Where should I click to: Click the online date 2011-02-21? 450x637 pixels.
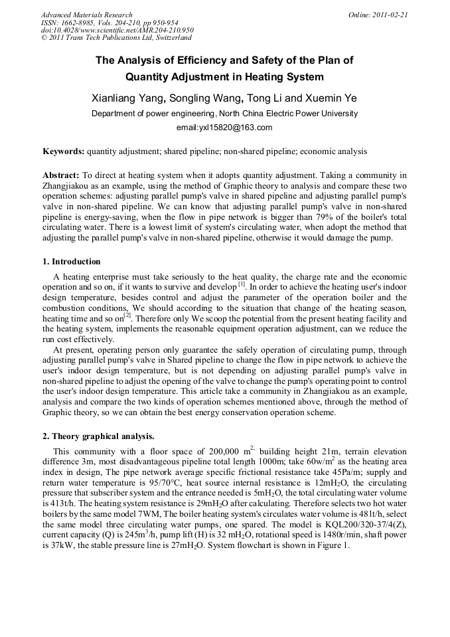pyautogui.click(x=391, y=15)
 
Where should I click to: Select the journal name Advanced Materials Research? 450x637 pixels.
pyautogui.click(x=86, y=15)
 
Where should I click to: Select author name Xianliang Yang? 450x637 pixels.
pyautogui.click(x=127, y=98)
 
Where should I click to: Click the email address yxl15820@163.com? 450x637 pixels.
pyautogui.click(x=224, y=128)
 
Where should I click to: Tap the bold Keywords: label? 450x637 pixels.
pyautogui.click(x=63, y=151)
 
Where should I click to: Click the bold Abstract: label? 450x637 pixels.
pyautogui.click(x=61, y=175)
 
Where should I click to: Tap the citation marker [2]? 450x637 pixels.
pyautogui.click(x=127, y=316)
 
